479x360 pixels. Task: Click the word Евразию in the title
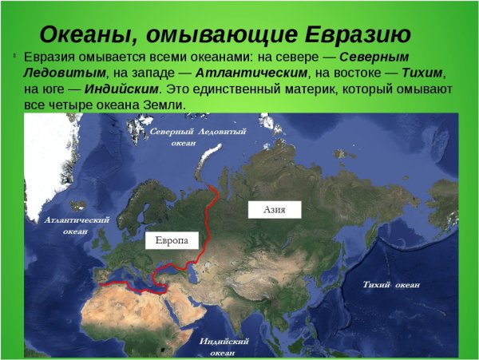[356, 35]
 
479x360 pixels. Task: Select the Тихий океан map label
[390, 285]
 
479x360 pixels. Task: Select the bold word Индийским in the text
[128, 89]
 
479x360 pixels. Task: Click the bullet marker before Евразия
[14, 57]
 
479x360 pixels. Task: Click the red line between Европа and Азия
[209, 224]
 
